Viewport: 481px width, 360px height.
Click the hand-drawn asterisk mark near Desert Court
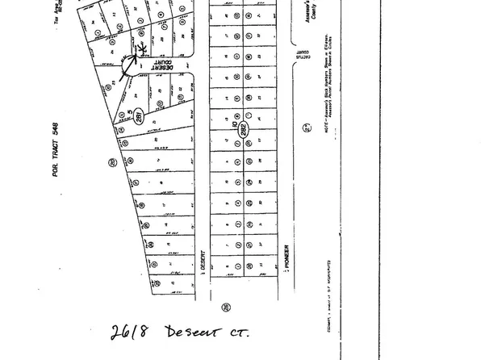(143, 48)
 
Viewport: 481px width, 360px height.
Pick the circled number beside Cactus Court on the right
(306, 127)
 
